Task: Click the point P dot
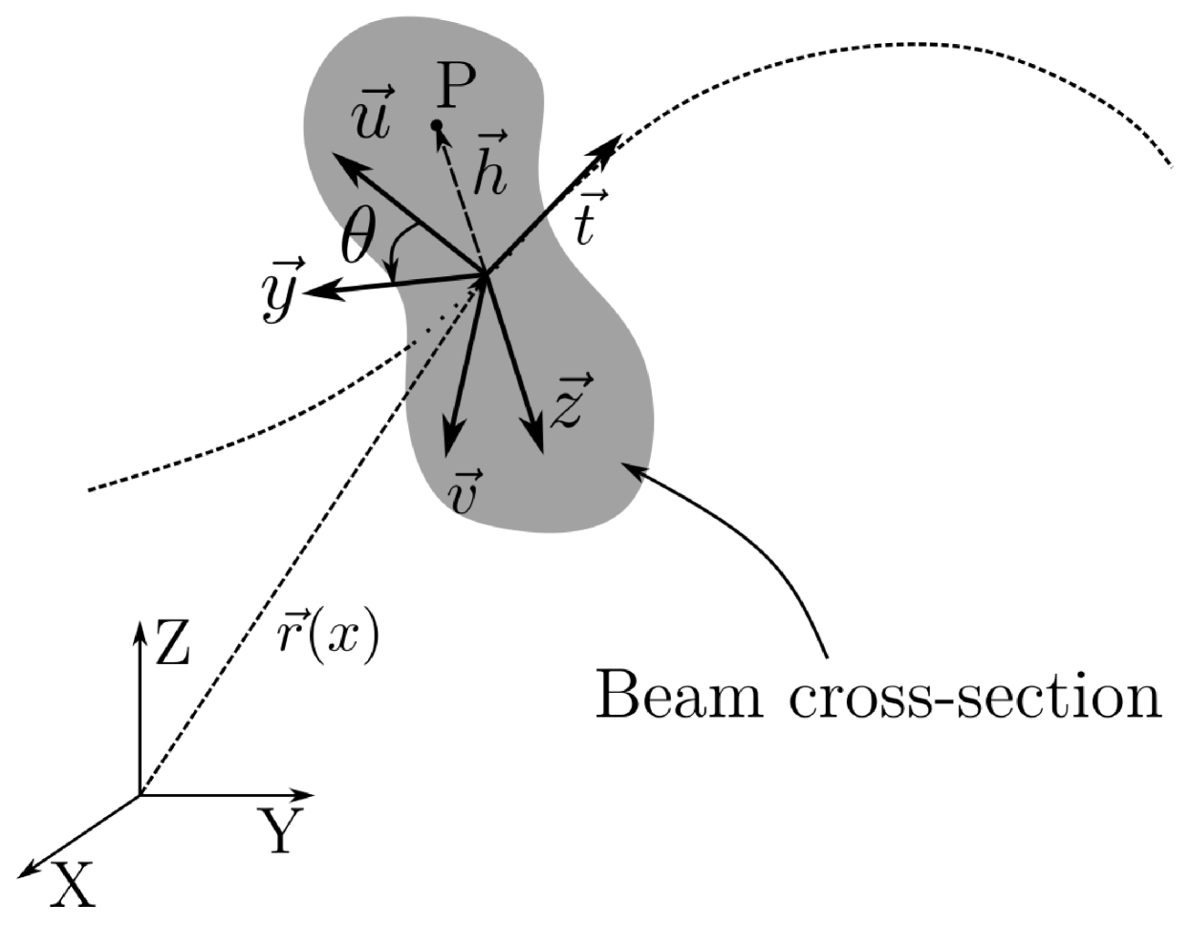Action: [436, 125]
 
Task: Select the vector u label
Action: [368, 114]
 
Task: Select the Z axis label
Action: [172, 646]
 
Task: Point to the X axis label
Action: [74, 885]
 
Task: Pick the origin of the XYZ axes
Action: [141, 794]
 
